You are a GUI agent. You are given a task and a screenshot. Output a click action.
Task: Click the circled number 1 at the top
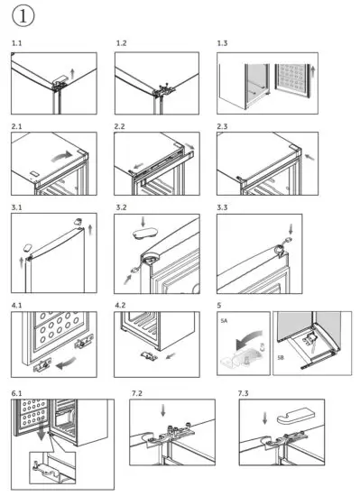pos(23,16)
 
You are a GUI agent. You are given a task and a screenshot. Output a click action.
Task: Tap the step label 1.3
pos(222,43)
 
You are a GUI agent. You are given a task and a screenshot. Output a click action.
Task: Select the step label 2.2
pos(120,126)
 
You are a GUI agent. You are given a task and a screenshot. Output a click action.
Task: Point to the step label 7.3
pos(243,393)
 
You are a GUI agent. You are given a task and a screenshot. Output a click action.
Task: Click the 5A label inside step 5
pos(224,321)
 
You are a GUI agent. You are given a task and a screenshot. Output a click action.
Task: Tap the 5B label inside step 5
pos(281,357)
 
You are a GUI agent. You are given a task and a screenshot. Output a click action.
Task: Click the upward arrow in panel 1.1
pos(72,74)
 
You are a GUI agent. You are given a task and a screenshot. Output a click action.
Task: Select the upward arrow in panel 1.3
pos(313,71)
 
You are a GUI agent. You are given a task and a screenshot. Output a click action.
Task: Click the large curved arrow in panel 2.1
pos(62,156)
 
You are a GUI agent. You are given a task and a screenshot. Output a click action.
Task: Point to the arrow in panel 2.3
pos(310,157)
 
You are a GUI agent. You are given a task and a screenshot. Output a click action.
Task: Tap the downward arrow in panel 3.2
pos(143,222)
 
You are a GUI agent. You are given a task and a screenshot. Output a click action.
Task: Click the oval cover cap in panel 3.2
pos(144,234)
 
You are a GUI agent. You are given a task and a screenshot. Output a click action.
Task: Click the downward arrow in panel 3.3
pos(291,229)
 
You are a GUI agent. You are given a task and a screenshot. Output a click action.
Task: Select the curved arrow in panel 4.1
pos(67,363)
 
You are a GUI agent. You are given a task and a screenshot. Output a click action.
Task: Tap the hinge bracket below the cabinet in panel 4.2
pos(149,356)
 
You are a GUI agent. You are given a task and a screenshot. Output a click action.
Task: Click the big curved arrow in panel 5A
pos(249,339)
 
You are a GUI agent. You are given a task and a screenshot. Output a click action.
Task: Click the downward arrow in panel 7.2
pos(163,411)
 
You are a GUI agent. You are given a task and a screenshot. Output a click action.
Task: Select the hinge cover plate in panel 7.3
pos(296,416)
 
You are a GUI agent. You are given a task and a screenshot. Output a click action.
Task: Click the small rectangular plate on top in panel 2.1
pos(34,174)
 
